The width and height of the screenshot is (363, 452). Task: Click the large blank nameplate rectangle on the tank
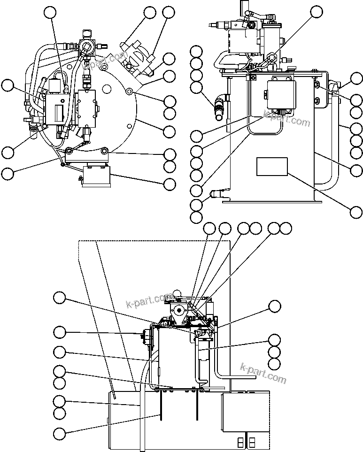(x=272, y=167)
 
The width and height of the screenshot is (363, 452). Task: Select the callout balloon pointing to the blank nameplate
(x=356, y=212)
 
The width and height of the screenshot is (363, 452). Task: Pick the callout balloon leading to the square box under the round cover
(x=169, y=184)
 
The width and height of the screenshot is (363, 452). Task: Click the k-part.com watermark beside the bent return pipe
(x=263, y=373)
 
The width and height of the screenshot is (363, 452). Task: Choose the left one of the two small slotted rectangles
(x=241, y=442)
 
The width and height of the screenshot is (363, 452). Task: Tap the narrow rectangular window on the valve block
(x=59, y=113)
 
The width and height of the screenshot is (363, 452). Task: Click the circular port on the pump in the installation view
(x=178, y=310)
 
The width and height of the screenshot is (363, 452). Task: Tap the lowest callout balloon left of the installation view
(x=59, y=434)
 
